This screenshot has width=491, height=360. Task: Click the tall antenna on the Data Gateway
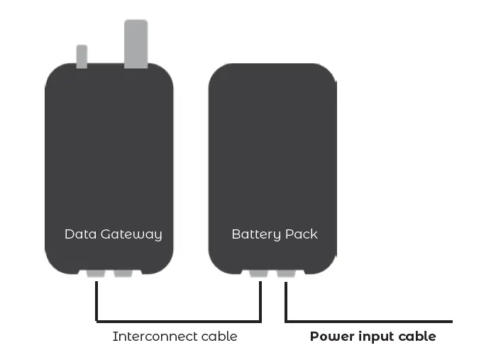[136, 43]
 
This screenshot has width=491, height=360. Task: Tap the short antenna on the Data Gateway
[82, 56]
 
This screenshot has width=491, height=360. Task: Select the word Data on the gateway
[78, 234]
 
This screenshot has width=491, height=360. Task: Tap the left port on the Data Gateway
[96, 273]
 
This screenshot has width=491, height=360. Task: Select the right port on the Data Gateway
[123, 273]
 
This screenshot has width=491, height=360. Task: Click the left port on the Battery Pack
[259, 273]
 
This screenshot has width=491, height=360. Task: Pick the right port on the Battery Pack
[286, 273]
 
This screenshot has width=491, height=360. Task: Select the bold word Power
[331, 337]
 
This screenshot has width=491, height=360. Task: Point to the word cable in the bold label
[418, 337]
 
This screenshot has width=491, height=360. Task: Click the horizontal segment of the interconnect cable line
[177, 321]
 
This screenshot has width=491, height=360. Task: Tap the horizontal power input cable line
[369, 321]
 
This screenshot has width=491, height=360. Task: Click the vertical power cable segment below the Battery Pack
[285, 301]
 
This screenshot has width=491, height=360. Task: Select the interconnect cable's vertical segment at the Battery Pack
[260, 301]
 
